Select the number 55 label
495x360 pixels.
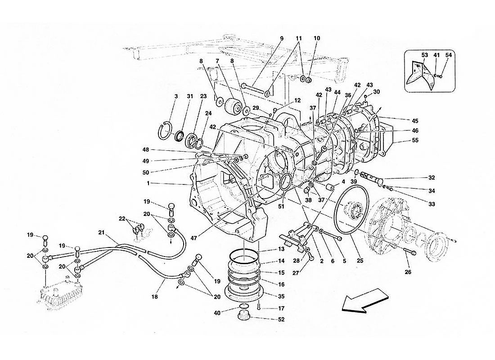pos(415,140)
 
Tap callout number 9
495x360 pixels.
pos(282,38)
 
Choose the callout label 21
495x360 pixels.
pos(101,233)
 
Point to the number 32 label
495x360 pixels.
pos(418,177)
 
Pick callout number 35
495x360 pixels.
pos(282,297)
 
